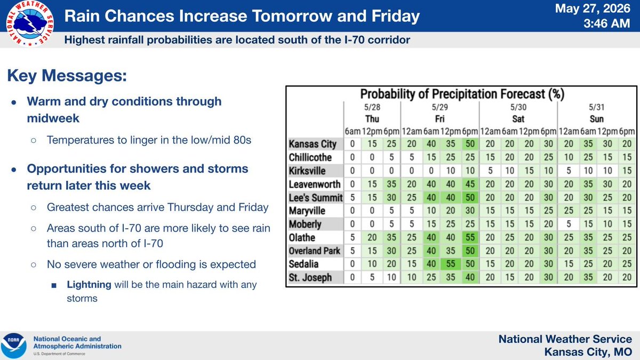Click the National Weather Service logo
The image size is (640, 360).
pos(30,23)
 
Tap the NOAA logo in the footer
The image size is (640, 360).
pos(14,346)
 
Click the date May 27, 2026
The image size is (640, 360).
pos(593,9)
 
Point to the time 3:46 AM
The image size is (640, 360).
pos(606,23)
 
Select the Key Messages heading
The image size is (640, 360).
pos(67,76)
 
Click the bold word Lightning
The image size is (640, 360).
pos(89,285)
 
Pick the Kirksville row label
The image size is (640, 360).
pos(307,171)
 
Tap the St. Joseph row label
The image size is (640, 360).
pos(310,277)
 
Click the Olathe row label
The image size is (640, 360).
pos(302,237)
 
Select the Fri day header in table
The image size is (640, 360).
pos(439,119)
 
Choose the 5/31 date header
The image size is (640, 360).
pos(597,107)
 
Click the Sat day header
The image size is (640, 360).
pos(518,119)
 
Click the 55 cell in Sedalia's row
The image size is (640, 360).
pos(451,263)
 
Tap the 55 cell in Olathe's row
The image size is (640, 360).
pos(470,237)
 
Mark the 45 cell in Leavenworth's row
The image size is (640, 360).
pos(470,184)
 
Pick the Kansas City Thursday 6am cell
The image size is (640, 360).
pos(353,143)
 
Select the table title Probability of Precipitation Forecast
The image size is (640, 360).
pos(462,94)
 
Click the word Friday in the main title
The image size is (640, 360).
pos(396,16)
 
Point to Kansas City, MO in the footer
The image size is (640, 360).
pos(588,351)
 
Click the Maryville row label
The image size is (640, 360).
pos(307,211)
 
